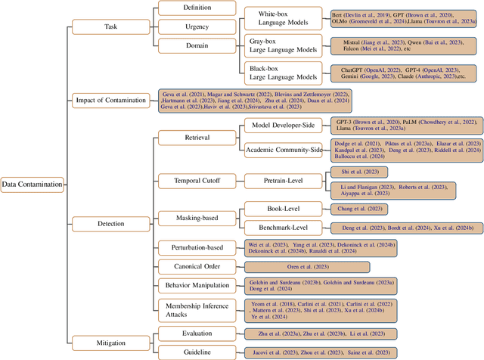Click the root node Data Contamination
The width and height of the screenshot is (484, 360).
coord(32,184)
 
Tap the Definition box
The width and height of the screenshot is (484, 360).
coord(197,8)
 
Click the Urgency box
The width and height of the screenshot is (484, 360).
coord(197,26)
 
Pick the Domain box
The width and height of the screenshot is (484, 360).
coord(197,44)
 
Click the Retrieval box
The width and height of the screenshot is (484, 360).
coord(197,138)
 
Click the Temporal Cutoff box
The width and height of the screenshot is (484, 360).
coord(197,180)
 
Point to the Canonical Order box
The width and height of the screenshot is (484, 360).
coord(197,266)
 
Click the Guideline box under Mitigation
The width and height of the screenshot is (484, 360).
coord(197,352)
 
